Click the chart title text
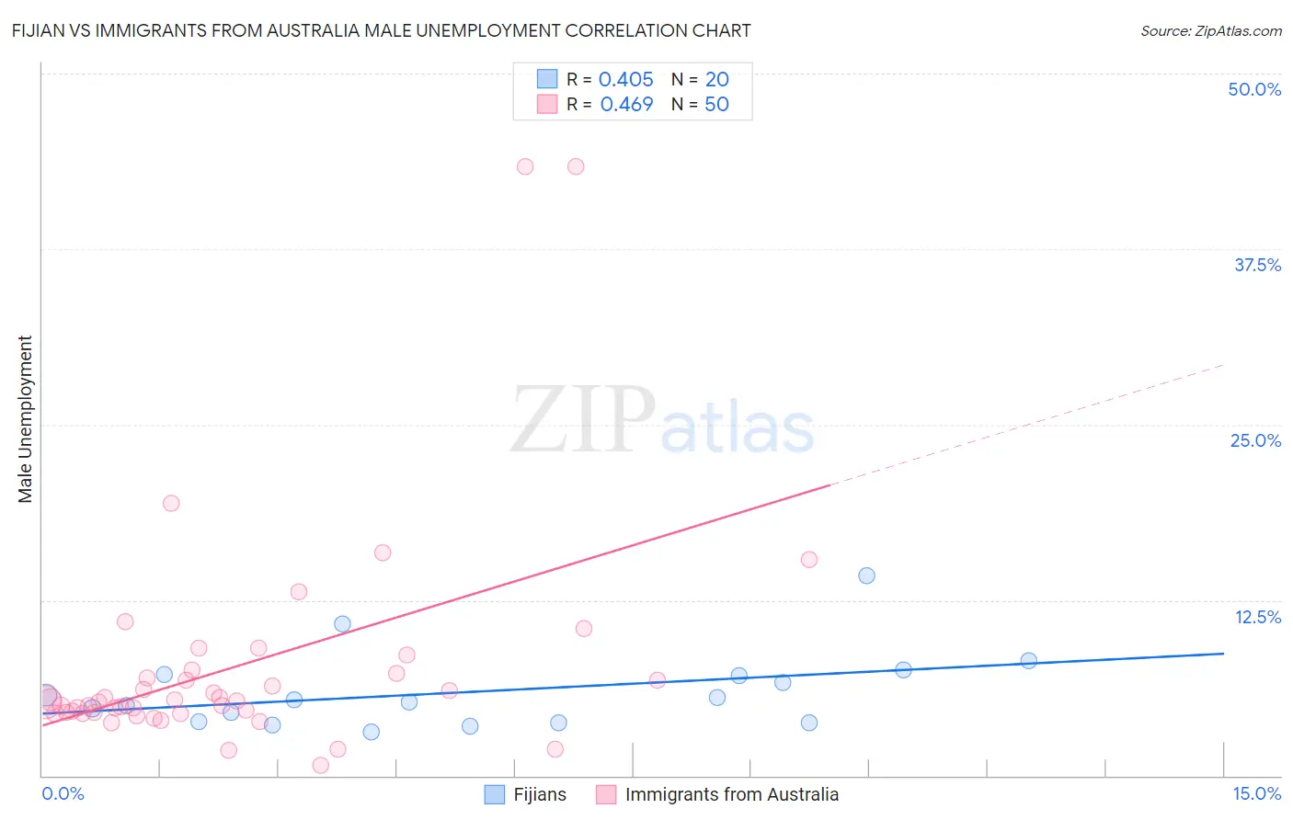click(381, 30)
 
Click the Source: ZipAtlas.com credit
click(1210, 30)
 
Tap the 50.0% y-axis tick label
click(1254, 89)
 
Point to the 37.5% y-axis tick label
click(1257, 265)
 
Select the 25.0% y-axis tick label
click(1255, 440)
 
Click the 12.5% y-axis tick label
click(1257, 617)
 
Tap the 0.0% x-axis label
click(63, 793)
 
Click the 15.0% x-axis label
click(1256, 793)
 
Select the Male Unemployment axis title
click(26, 419)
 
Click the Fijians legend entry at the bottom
click(539, 794)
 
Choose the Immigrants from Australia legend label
click(731, 794)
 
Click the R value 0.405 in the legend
click(625, 79)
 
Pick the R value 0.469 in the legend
click(626, 104)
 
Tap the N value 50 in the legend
click(716, 104)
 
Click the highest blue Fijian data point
click(866, 575)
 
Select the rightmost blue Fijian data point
click(1028, 660)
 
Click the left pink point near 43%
click(525, 166)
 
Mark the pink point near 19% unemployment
click(171, 503)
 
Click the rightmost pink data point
click(809, 559)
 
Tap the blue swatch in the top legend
click(547, 79)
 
